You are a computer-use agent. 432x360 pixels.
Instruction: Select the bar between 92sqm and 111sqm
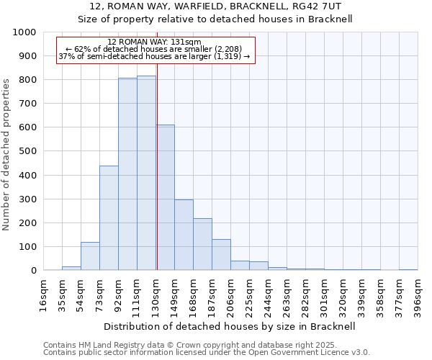click(127, 174)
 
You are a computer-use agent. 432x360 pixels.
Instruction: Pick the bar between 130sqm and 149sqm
click(165, 198)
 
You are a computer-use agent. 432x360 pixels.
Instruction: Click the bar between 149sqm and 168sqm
click(184, 235)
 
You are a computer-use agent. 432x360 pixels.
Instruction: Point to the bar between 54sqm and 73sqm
click(90, 256)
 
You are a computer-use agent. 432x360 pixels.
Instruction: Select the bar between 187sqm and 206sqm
click(221, 255)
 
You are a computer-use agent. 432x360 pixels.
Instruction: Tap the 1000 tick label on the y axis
click(24, 32)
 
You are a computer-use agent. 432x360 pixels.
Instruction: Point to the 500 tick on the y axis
click(29, 151)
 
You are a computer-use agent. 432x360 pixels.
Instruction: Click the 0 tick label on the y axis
click(33, 271)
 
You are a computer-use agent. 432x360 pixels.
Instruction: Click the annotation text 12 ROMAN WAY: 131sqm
click(154, 42)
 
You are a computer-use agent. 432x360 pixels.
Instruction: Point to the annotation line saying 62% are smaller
click(154, 49)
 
